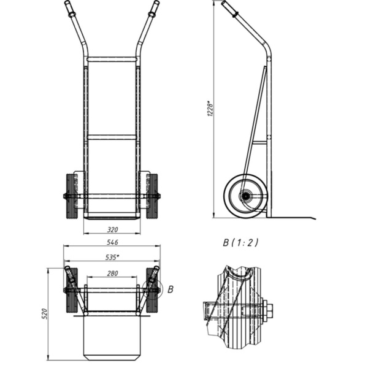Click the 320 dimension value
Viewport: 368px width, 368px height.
[x=112, y=229]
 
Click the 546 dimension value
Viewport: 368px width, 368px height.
[x=112, y=242]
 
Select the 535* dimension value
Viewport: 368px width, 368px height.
[x=112, y=257]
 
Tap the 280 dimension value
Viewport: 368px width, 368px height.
[x=112, y=273]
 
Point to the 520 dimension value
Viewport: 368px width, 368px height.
[x=45, y=314]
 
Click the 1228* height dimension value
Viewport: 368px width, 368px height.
[x=210, y=109]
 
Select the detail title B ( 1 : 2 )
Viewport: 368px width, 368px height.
[x=240, y=242]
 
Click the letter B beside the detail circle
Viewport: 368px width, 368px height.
[x=171, y=289]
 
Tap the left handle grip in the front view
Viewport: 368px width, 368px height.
[x=69, y=9]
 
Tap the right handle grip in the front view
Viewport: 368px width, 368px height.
[x=154, y=9]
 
